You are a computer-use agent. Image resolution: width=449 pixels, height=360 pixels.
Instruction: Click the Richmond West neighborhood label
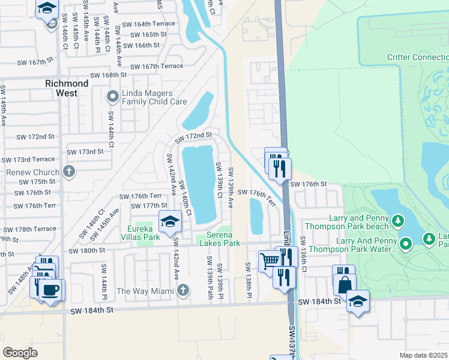pyautogui.click(x=67, y=85)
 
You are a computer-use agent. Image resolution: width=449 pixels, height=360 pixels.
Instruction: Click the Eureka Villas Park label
pyautogui.click(x=135, y=229)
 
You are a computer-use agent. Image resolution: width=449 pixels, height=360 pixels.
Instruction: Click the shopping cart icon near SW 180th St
pyautogui.click(x=270, y=260)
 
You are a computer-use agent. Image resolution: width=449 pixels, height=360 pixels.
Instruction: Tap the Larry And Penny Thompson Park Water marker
pyautogui.click(x=406, y=244)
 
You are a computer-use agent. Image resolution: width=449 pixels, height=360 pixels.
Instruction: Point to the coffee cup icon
pyautogui.click(x=51, y=290)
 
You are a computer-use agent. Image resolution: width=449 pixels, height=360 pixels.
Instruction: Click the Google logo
pyautogui.click(x=20, y=352)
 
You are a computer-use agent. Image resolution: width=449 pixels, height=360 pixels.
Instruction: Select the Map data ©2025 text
pyautogui.click(x=423, y=355)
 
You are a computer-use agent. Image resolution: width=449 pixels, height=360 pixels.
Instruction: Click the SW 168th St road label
pyautogui.click(x=108, y=76)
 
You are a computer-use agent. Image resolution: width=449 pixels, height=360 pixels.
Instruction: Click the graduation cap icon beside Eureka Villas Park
pyautogui.click(x=170, y=222)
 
